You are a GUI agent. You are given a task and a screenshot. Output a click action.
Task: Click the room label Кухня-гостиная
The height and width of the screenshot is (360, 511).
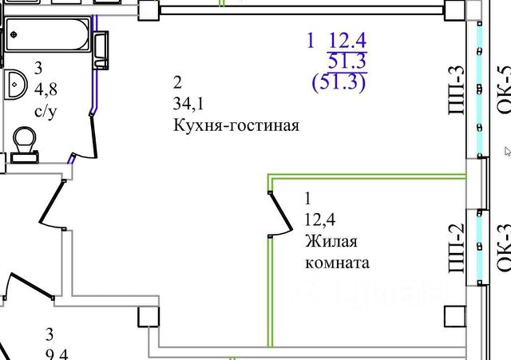235,125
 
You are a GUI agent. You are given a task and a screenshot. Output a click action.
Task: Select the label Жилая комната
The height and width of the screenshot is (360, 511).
336,251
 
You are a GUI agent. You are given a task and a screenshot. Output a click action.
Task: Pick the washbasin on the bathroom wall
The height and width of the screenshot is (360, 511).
17,81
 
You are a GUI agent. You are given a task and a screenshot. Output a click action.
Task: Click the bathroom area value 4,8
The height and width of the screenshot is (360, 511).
46,90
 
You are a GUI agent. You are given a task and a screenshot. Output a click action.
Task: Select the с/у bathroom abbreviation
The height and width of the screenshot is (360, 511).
46,111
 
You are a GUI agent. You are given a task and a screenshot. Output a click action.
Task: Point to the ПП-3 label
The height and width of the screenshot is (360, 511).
457,91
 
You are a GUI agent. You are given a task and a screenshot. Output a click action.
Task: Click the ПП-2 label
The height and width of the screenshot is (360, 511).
457,248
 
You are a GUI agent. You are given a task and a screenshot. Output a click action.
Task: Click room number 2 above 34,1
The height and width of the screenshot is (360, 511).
177,81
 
